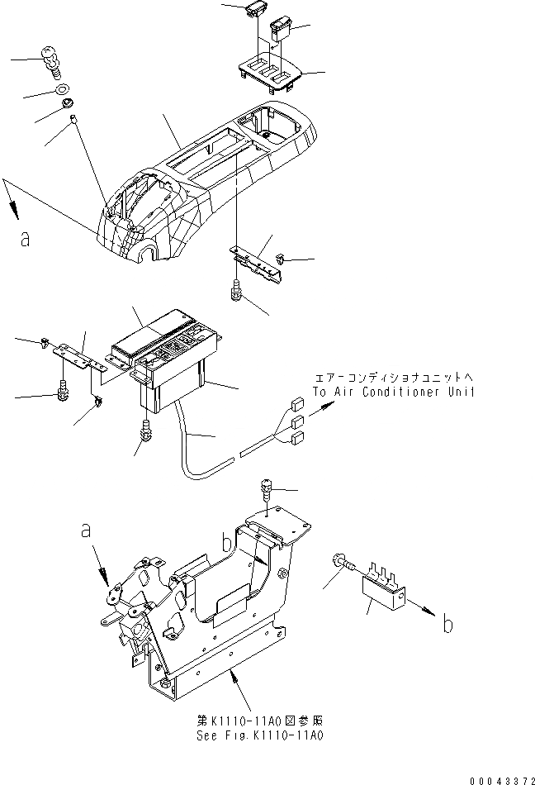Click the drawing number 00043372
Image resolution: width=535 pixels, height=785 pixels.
(x=500, y=778)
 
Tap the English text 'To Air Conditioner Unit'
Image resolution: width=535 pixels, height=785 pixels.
(x=393, y=392)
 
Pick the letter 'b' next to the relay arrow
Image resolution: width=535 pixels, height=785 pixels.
(x=447, y=625)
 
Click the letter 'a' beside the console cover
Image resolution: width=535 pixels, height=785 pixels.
(x=26, y=239)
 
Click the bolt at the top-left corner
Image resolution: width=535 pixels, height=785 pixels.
(x=51, y=60)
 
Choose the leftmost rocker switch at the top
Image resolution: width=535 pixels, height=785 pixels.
(x=253, y=12)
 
